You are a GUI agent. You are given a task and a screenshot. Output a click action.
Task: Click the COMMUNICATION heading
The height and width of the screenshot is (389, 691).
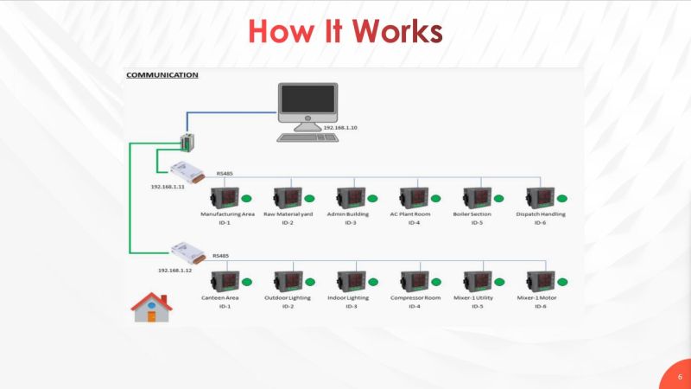pos(162,75)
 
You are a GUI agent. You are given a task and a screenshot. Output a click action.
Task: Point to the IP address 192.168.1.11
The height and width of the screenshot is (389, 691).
pos(167,187)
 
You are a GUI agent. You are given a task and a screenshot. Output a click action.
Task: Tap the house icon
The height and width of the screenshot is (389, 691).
pos(151,308)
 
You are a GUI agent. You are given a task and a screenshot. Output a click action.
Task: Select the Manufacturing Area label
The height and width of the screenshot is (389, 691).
pos(226,214)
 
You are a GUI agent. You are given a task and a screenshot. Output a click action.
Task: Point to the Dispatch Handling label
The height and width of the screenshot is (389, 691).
pos(540,214)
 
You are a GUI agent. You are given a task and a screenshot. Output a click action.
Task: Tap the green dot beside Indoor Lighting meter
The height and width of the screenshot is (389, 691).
pos(372,282)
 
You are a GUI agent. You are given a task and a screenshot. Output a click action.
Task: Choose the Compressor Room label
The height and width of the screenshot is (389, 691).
pos(415,297)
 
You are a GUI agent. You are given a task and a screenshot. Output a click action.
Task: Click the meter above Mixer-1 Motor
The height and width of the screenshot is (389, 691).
pos(540,280)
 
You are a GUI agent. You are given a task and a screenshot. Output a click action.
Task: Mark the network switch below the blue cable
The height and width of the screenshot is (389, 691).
pos(187,143)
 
